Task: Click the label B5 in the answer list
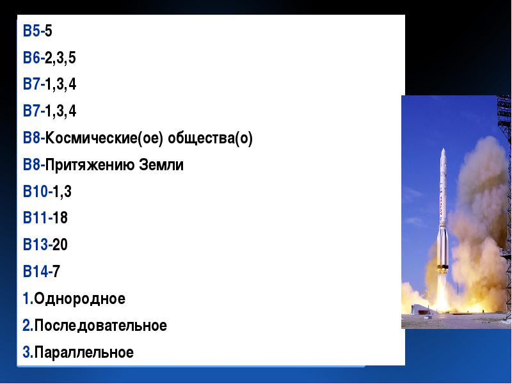click(x=31, y=31)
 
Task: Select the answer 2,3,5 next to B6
click(x=60, y=58)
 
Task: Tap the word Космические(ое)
click(x=104, y=138)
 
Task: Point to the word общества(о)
click(x=210, y=138)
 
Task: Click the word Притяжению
click(x=90, y=165)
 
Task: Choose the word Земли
click(x=161, y=165)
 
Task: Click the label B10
click(x=35, y=191)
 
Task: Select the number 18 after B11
click(x=60, y=218)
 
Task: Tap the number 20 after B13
click(x=60, y=244)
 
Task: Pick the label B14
click(x=35, y=271)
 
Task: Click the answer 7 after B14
click(x=56, y=271)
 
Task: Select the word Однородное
click(x=79, y=299)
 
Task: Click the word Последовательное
click(x=100, y=326)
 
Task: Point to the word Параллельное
click(x=84, y=353)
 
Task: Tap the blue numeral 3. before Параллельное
click(x=28, y=353)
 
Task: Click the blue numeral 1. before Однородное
click(x=28, y=299)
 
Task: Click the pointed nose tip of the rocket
click(x=443, y=149)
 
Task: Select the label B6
click(x=31, y=58)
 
